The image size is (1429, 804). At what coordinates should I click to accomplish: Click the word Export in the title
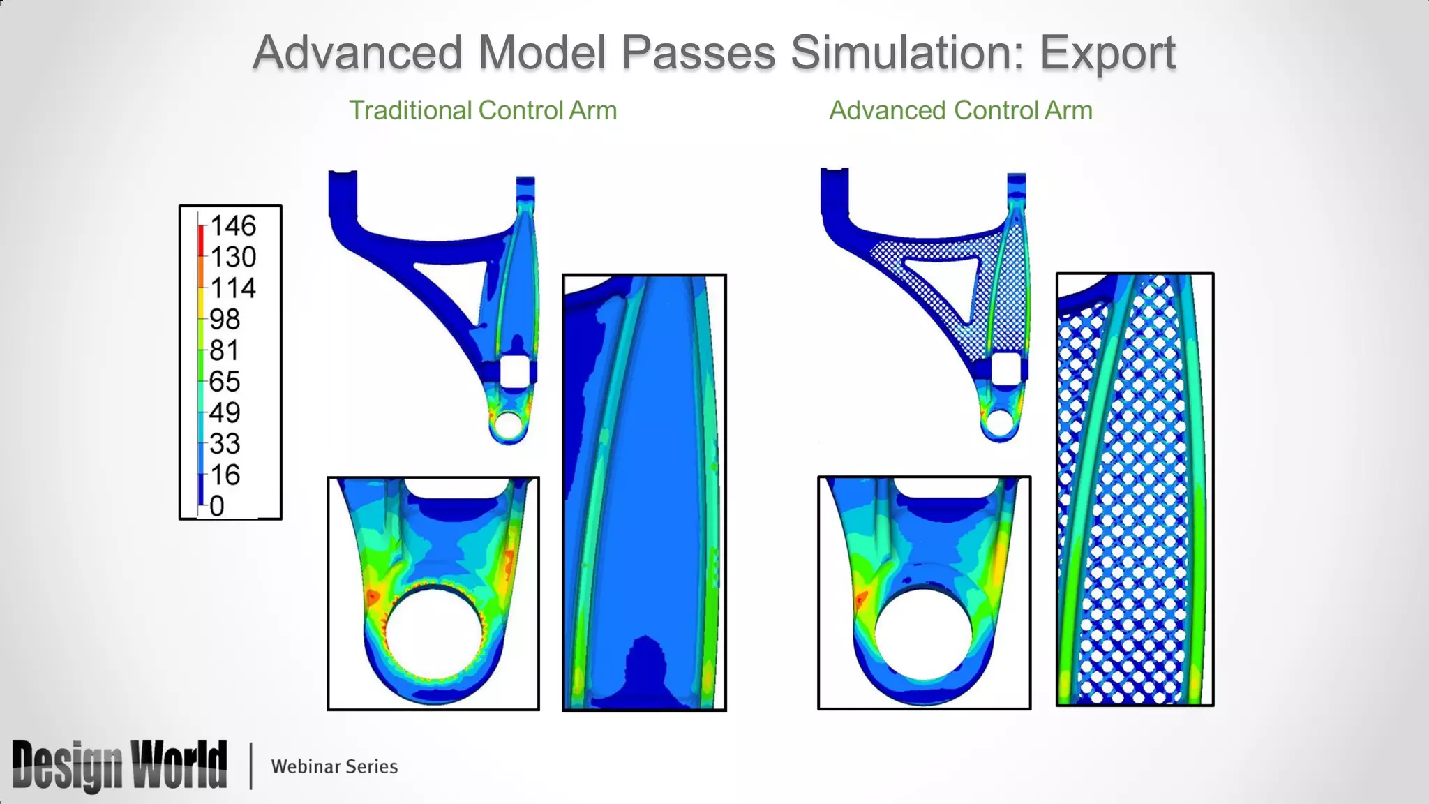click(x=1107, y=53)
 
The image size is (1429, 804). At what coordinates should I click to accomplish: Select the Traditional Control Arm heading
click(x=483, y=110)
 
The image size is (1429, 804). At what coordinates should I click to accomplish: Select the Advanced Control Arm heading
click(x=960, y=110)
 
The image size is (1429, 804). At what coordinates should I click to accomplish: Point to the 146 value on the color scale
click(x=233, y=226)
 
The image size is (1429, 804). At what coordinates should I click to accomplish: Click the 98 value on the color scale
click(x=225, y=320)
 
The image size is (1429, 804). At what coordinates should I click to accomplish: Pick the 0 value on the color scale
click(x=217, y=506)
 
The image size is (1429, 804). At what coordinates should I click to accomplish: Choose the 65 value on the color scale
click(x=225, y=382)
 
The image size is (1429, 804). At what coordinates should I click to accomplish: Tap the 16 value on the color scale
click(x=225, y=475)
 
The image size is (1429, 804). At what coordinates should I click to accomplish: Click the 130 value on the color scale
click(x=233, y=258)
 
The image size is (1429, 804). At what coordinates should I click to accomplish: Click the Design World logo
click(x=119, y=766)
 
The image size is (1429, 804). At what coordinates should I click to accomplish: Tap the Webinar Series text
click(x=334, y=766)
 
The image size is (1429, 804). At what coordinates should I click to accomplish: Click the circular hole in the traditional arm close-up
click(x=434, y=633)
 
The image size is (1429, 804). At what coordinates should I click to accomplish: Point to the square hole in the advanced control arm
click(x=1006, y=368)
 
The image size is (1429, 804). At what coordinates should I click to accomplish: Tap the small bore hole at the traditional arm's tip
click(x=508, y=424)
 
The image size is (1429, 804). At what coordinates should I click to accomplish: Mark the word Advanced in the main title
click(x=357, y=53)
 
